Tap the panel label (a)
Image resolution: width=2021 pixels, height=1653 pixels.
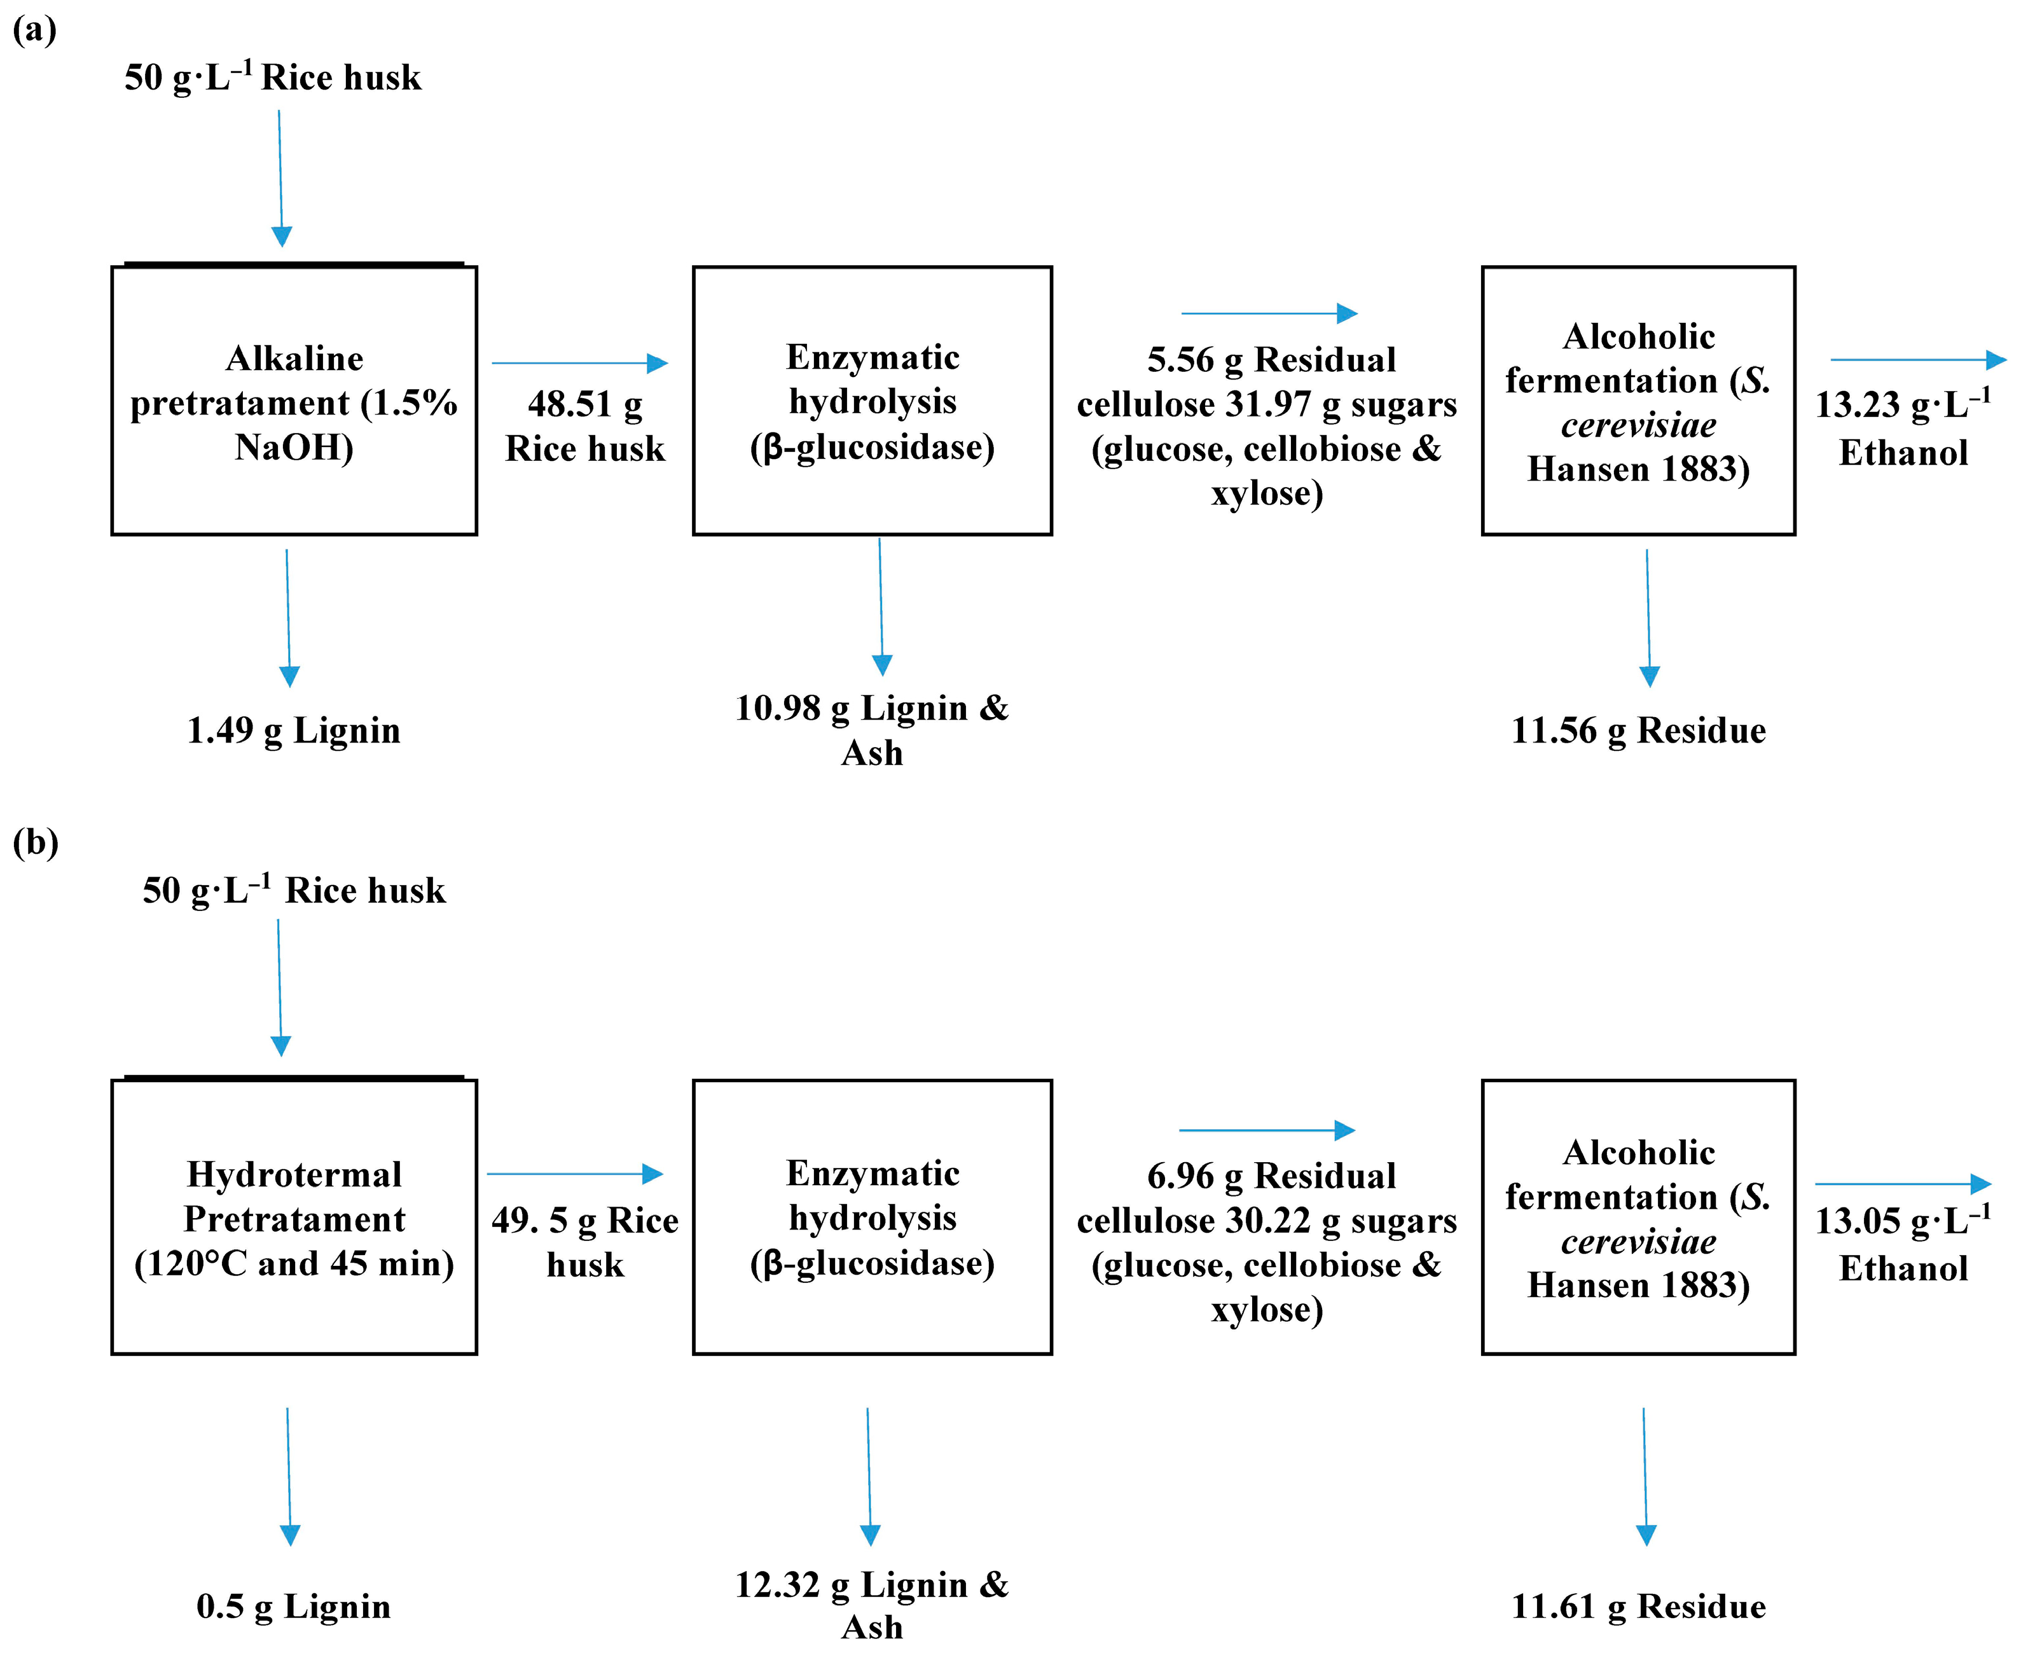click(34, 31)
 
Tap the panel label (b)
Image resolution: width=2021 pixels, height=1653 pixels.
click(35, 842)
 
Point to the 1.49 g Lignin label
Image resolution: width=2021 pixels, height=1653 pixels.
click(293, 730)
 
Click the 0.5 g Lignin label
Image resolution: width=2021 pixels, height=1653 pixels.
click(293, 1607)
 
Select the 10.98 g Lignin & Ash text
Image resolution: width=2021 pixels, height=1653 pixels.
click(871, 729)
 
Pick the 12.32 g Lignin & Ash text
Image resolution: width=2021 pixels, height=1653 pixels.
click(871, 1605)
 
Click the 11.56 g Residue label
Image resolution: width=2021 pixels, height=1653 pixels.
click(1638, 730)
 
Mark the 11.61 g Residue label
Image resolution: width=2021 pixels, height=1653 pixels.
click(1638, 1607)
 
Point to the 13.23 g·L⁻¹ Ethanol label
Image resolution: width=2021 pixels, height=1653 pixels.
click(1902, 429)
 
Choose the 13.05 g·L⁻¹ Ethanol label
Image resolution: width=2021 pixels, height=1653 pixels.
click(1902, 1244)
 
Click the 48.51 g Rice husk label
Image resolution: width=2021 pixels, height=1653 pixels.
click(585, 425)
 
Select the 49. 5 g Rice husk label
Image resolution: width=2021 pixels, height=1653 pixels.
click(585, 1242)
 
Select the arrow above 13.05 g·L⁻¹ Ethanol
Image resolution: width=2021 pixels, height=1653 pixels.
click(1902, 1184)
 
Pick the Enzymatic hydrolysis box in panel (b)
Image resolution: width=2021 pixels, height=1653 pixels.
click(871, 1217)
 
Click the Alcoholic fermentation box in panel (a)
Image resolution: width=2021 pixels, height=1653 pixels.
click(1638, 401)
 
